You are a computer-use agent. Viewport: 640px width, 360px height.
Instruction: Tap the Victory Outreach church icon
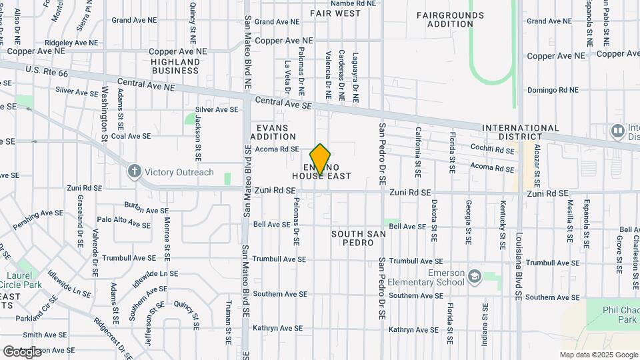(135, 172)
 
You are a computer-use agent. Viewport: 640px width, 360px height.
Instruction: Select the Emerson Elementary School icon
(475, 277)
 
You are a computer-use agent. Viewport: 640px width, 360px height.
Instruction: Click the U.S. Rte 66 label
(43, 69)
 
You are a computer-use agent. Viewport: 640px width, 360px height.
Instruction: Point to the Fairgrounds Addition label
(450, 19)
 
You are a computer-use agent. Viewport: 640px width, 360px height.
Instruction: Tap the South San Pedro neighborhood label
(357, 239)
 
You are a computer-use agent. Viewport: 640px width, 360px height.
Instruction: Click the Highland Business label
(175, 66)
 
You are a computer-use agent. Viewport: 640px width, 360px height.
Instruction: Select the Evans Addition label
(273, 132)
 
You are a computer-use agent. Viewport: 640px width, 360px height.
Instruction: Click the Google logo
(23, 351)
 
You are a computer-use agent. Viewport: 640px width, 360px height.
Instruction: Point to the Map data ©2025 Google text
(598, 355)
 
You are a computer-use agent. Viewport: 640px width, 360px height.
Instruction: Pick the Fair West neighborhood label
(335, 13)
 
